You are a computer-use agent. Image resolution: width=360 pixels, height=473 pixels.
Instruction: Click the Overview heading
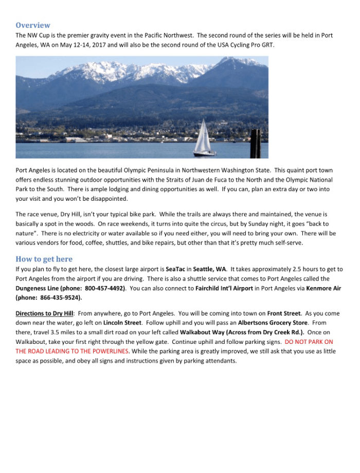point(33,25)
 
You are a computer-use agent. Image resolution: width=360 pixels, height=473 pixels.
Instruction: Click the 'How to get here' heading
point(44,259)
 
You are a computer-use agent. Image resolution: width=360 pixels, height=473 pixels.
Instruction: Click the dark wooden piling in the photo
point(256,144)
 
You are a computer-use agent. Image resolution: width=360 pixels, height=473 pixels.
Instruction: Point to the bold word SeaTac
point(175,269)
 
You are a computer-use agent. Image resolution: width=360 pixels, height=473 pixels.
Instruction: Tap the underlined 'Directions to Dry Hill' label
point(44,313)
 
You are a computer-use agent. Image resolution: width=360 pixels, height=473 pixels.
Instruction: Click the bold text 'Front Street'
point(284,313)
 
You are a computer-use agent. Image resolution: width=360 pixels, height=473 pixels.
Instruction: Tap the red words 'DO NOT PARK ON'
point(309,342)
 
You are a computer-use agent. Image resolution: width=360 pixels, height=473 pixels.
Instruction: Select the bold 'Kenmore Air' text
point(323,289)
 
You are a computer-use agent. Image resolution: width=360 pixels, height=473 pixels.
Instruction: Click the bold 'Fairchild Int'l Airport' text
point(224,289)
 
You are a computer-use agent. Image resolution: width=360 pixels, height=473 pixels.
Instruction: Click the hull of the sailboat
point(204,153)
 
